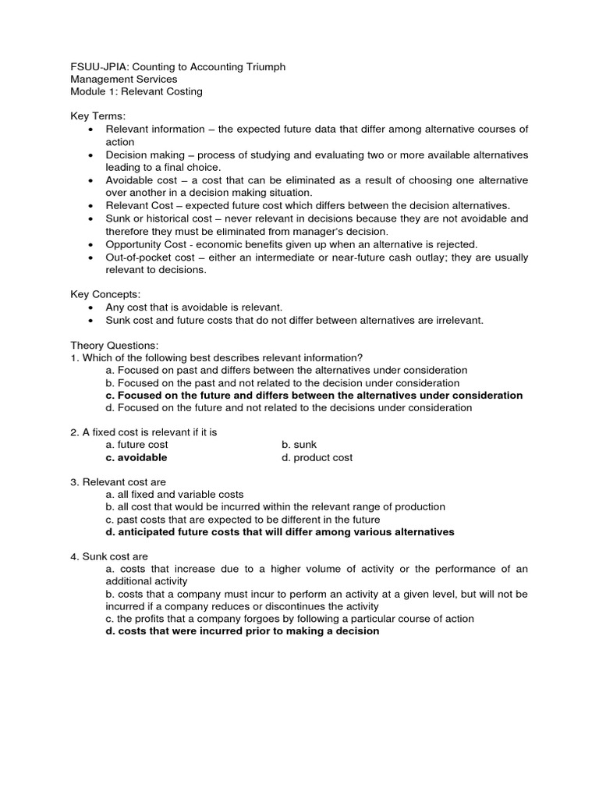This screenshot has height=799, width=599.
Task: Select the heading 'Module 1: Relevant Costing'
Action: pyautogui.click(x=136, y=91)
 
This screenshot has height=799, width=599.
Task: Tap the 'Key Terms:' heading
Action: pyautogui.click(x=98, y=116)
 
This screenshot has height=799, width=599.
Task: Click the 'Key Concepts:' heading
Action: pyautogui.click(x=105, y=294)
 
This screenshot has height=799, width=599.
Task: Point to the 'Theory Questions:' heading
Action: pyautogui.click(x=115, y=345)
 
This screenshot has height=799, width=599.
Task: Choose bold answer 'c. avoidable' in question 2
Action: pyautogui.click(x=136, y=458)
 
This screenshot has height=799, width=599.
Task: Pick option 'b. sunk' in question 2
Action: pyautogui.click(x=299, y=445)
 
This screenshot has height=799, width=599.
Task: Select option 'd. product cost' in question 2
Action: pyautogui.click(x=317, y=458)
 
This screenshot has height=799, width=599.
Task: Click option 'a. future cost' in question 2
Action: pyautogui.click(x=137, y=445)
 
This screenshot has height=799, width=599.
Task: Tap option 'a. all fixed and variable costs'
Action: pyautogui.click(x=175, y=495)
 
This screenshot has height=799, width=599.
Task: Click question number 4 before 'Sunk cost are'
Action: pyautogui.click(x=74, y=557)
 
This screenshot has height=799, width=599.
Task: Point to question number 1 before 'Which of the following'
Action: pyautogui.click(x=74, y=357)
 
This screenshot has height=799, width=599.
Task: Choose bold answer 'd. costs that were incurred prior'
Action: pyautogui.click(x=243, y=631)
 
